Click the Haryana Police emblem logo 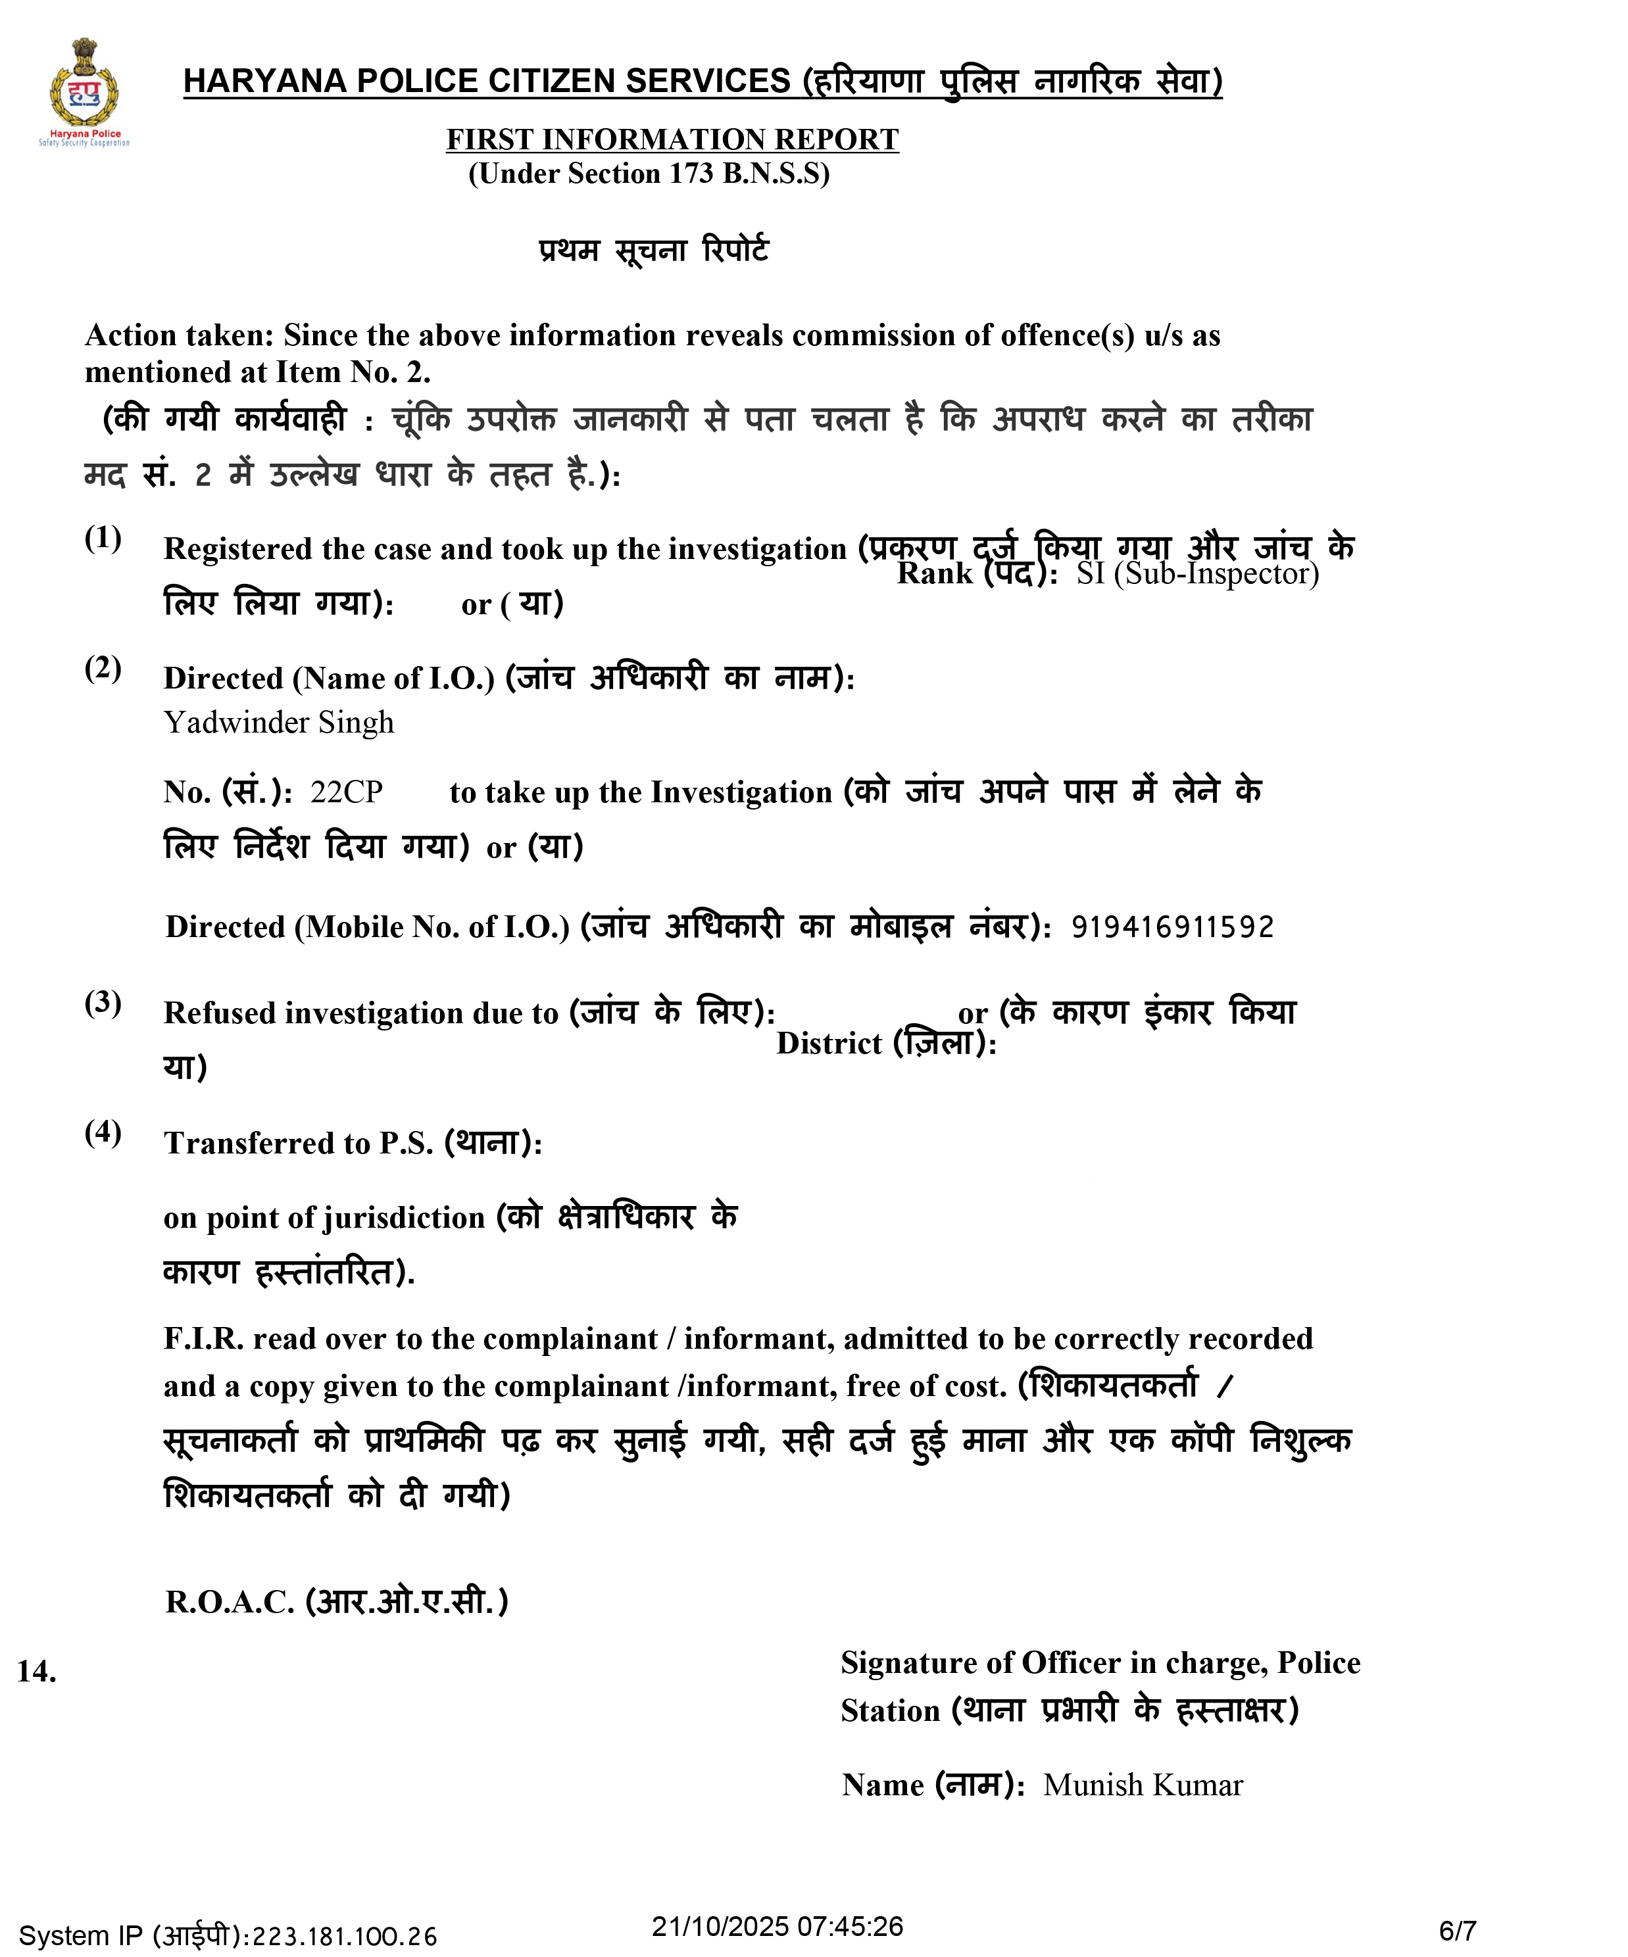84,91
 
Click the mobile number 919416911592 1172,927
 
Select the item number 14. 36,1671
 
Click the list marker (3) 103,1003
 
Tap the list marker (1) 103,538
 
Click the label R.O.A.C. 230,1602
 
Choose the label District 828,1044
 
